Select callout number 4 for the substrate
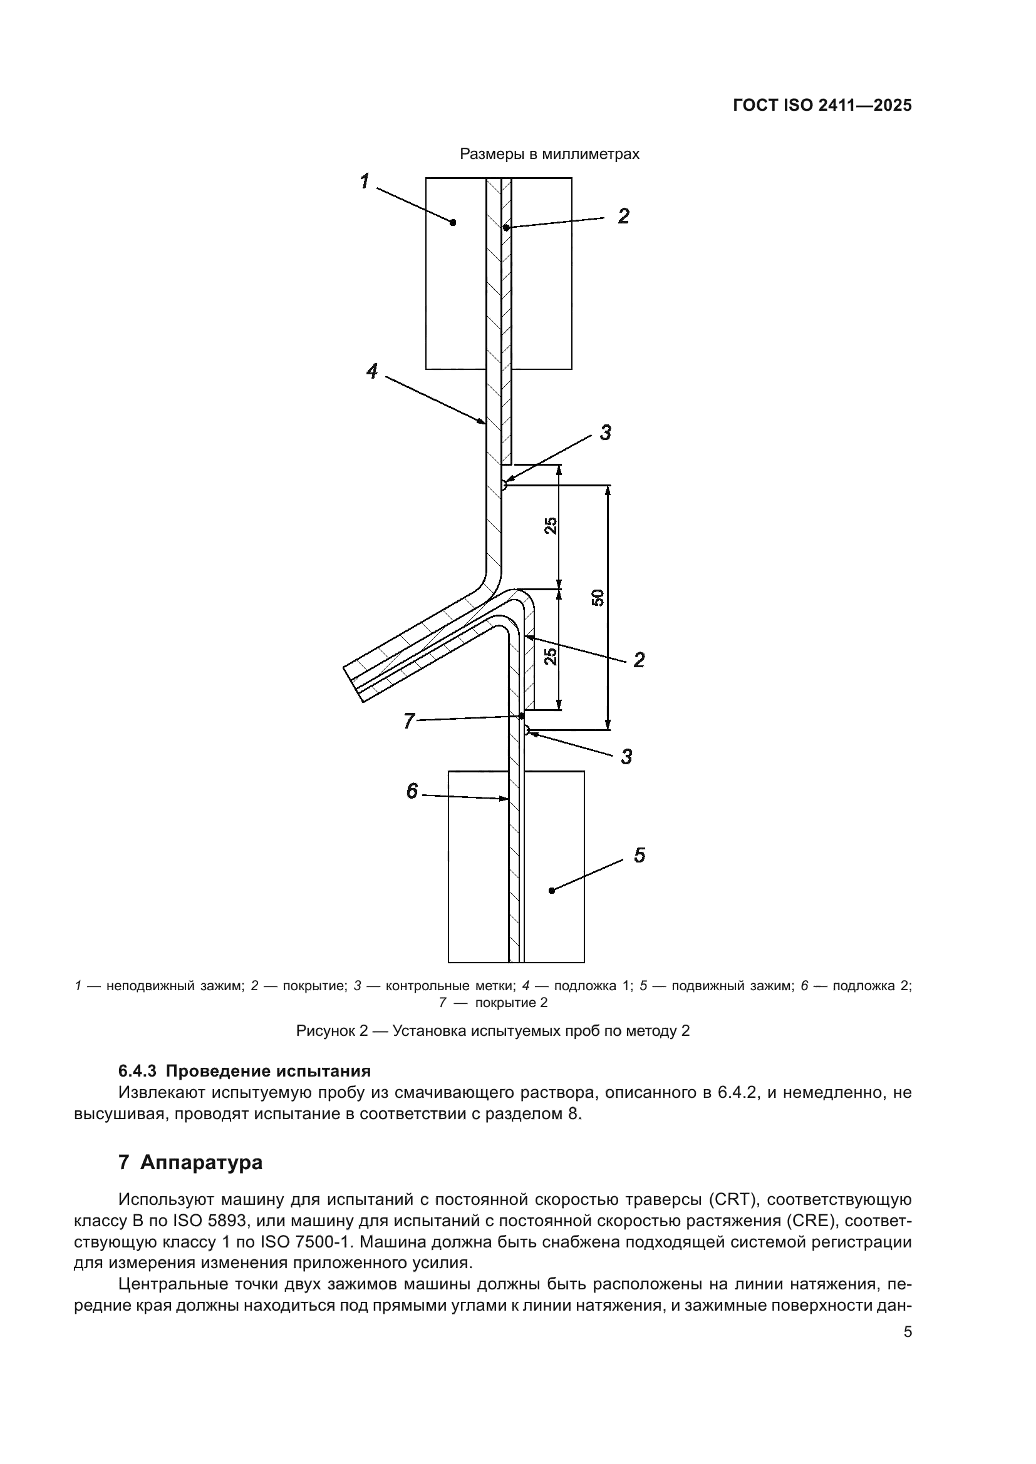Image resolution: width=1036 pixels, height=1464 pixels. pos(372,371)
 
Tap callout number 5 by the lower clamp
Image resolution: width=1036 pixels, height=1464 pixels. pos(640,855)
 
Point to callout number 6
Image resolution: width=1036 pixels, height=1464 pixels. pos(412,791)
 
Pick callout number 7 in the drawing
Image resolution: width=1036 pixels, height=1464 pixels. pos(409,720)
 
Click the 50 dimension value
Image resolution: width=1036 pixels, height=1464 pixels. pos(598,598)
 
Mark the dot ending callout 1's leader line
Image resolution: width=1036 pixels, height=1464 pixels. pos(453,223)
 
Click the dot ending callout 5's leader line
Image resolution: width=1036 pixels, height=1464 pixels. pos(552,890)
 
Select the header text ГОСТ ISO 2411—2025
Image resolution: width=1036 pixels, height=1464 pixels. pos(822,106)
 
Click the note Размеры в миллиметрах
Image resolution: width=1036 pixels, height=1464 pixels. pos(549,155)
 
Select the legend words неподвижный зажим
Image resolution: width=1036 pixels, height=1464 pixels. pos(175,986)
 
